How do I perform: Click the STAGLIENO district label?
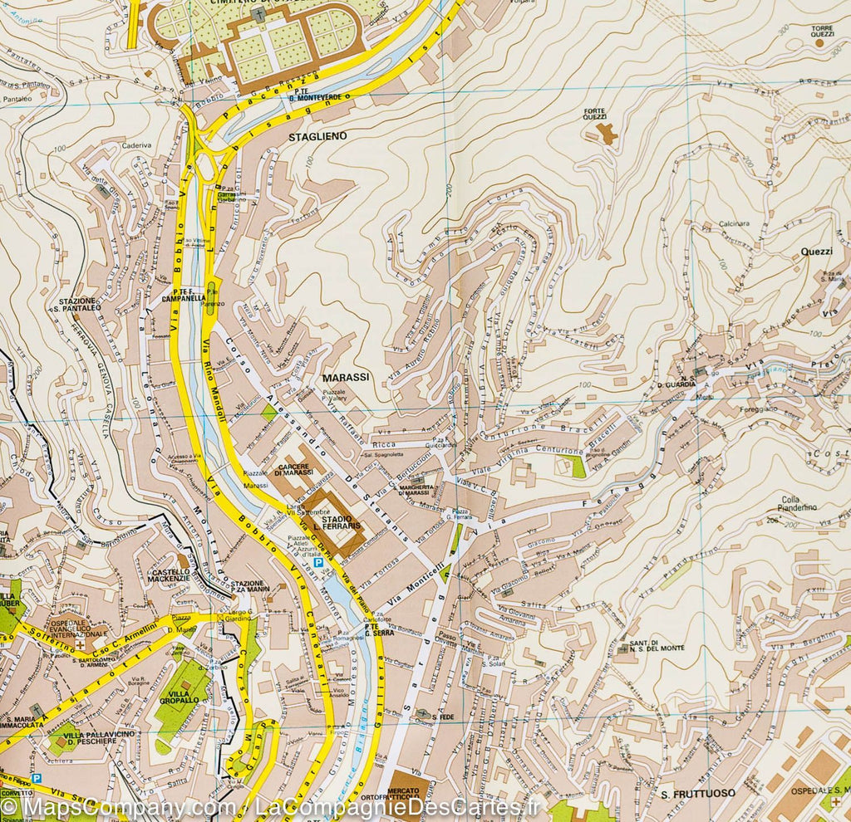(x=317, y=135)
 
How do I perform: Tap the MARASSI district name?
(x=345, y=377)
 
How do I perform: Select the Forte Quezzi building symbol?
(x=608, y=133)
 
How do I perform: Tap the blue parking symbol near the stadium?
(x=318, y=562)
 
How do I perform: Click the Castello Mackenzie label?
(x=170, y=577)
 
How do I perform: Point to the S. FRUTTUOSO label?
(x=698, y=794)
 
